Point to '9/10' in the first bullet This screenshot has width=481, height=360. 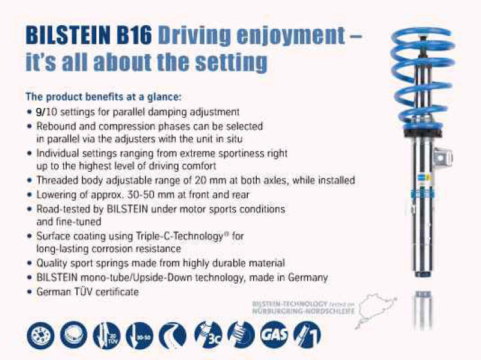44,112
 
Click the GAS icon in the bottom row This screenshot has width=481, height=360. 273,334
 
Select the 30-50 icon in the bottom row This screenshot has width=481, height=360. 142,334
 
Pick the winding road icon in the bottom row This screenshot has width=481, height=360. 174,334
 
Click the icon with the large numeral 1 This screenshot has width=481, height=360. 307,334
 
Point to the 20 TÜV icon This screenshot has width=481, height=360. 108,334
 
